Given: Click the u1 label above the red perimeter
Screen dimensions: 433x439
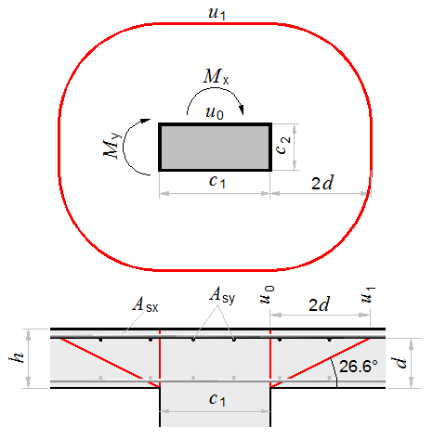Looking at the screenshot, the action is pos(216,14).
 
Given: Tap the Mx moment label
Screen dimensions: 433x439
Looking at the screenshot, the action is pos(216,76).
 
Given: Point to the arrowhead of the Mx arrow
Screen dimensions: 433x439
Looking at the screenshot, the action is pos(242,110).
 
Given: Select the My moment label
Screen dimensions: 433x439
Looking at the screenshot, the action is pos(112,146).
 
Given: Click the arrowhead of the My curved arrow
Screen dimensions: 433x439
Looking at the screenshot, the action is pos(146,121).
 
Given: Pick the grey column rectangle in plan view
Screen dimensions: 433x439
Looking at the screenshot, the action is pos(216,147).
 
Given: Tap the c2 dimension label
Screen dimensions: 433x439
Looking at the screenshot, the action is pos(282,145).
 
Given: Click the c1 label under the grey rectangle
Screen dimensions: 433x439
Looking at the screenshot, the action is pos(217,181).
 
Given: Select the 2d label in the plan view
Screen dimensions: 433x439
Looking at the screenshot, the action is pos(322,183).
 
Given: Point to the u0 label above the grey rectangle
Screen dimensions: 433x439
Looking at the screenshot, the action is pos(215,112).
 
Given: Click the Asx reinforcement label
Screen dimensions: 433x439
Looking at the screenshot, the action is pos(145,304).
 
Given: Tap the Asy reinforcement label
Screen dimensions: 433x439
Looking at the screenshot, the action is pos(222,295).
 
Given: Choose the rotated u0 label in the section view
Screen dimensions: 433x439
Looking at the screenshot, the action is pos(267,294).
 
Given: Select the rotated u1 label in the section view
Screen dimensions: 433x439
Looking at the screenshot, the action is pos(368,294).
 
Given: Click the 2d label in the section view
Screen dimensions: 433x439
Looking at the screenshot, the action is pos(319,304).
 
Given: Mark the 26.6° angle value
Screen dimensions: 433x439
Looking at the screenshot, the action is pos(359,367).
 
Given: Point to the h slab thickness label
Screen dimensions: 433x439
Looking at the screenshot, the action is pos(17,357).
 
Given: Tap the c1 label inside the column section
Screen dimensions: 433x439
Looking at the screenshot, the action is pos(217,399).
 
